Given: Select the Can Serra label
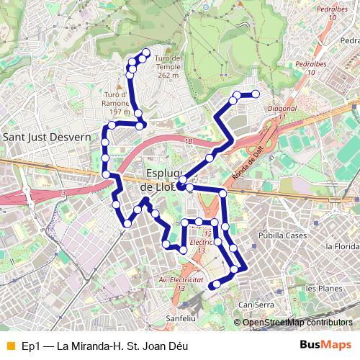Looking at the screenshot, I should coord(256,305).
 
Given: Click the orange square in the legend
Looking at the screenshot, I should coord(9,346).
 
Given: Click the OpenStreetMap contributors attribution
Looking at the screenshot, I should coord(297,323).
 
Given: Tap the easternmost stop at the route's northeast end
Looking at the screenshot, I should coord(256,94).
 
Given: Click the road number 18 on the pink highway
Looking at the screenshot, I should coord(189,142).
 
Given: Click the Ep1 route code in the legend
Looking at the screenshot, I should coord(30,346).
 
